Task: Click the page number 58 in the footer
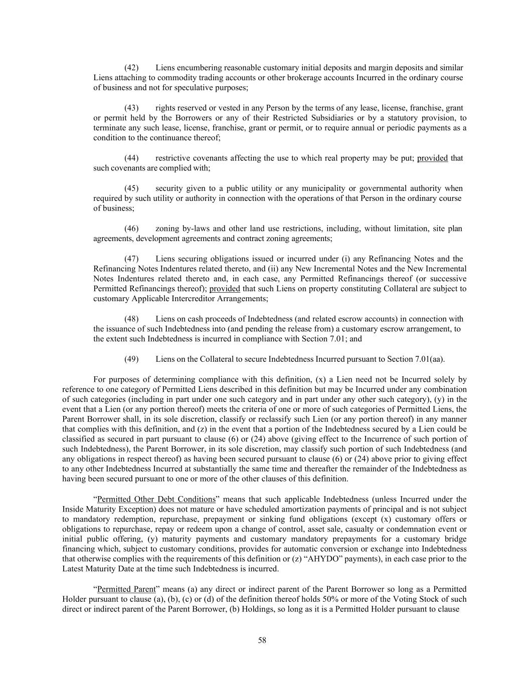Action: click(262, 640)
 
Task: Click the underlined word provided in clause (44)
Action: click(432, 158)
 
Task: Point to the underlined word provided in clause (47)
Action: click(225, 289)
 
